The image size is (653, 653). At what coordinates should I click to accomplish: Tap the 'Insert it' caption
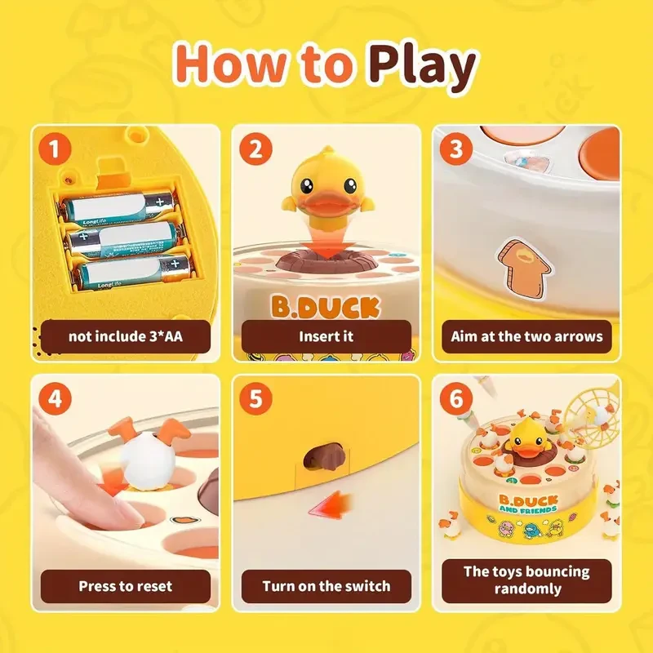326,335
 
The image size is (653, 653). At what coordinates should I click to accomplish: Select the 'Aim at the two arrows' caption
527,335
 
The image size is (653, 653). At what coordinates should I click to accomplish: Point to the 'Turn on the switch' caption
326,585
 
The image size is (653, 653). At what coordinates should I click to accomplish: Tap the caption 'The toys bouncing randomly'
527,579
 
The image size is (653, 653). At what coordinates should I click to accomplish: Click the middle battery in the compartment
122,239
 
